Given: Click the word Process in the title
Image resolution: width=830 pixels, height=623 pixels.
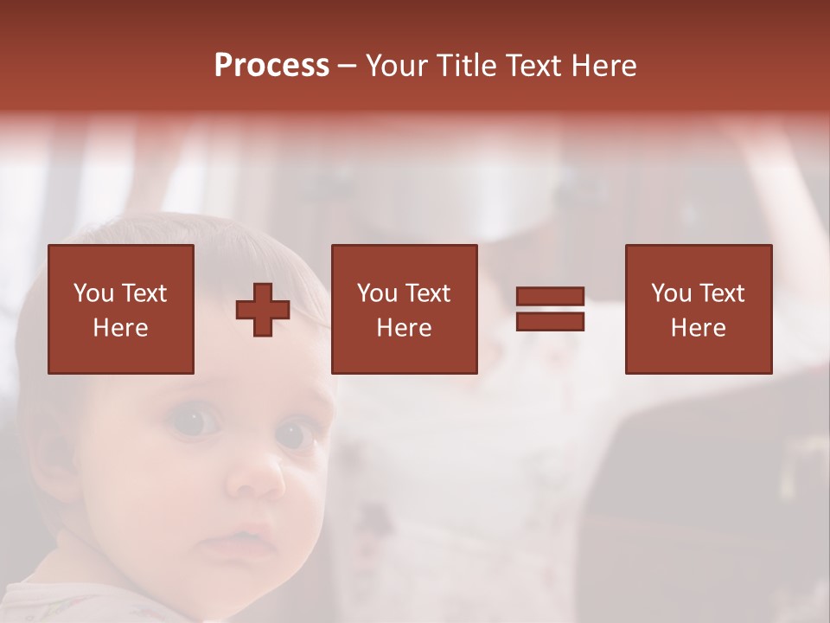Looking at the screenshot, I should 271,66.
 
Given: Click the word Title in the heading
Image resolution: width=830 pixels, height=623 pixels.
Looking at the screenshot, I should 464,66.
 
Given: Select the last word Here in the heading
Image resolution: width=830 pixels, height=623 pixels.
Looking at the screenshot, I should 604,66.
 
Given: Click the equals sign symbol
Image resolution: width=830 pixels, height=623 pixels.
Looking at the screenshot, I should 550,310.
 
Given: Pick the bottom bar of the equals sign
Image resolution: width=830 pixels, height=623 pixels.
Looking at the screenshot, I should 550,322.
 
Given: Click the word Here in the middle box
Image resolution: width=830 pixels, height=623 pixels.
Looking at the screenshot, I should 404,328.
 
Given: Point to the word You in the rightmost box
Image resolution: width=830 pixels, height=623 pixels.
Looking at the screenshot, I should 671,293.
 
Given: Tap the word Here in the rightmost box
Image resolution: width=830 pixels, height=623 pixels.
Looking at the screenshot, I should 698,328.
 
